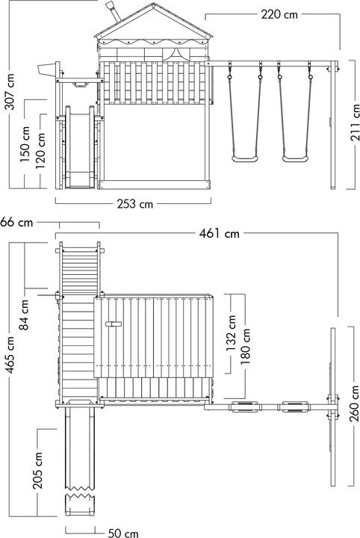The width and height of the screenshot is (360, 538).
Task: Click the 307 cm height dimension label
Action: coord(11,92)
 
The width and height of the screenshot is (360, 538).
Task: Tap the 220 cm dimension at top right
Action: coord(279,15)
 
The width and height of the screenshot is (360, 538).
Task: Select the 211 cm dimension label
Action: coord(355,123)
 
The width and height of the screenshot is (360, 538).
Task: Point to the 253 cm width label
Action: coord(134,204)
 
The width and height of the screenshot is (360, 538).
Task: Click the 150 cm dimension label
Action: coord(25,144)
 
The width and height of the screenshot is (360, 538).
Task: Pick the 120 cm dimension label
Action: coord(40,151)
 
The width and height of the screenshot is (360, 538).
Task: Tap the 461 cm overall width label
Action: coord(219,234)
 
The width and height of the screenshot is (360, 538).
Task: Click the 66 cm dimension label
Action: coord(16,223)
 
